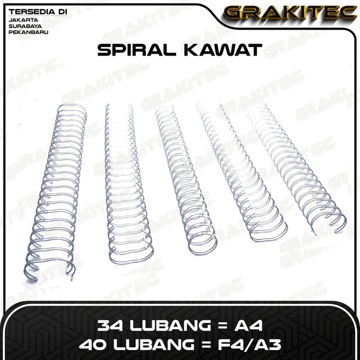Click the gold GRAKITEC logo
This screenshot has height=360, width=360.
tap(290, 13)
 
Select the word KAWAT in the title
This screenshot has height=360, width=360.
tap(223, 50)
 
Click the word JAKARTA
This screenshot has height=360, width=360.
tap(23, 20)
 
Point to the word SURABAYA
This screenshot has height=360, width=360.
tap(25, 26)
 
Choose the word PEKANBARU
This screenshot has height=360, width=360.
tap(28, 32)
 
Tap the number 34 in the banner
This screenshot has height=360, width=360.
tap(110, 325)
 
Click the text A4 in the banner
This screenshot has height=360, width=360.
tap(248, 325)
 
